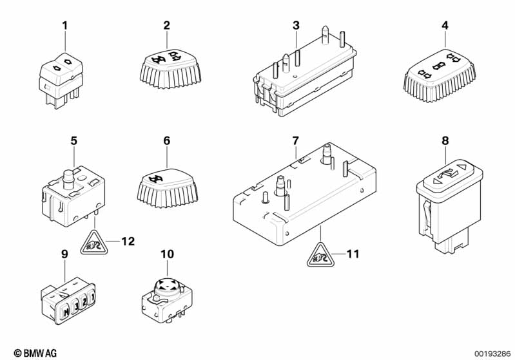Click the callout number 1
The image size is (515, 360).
64,25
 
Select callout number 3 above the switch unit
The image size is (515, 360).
296,25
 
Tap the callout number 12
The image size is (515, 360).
128,242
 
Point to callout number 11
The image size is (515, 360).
353,254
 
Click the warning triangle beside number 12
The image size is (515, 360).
94,243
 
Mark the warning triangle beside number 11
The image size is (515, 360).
320,255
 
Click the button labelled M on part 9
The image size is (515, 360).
66,311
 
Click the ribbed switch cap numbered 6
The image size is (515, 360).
167,188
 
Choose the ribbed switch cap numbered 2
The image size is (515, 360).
170,69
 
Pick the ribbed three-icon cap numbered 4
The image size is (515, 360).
440,75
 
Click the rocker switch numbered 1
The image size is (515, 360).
61,81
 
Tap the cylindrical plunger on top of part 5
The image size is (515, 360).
68,179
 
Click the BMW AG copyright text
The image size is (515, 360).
35,353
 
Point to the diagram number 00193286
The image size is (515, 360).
493,354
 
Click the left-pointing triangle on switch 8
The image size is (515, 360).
436,181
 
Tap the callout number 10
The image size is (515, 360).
167,254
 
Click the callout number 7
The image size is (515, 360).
296,141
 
